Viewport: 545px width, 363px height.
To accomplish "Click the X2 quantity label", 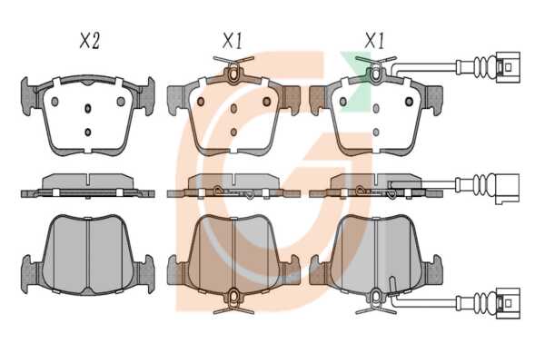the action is pos(90,41).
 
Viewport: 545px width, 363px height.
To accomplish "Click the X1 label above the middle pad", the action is pos(233,41).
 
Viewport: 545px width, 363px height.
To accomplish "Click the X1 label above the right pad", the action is pos(374,41).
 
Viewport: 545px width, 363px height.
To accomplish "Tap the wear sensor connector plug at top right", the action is pos(508,67).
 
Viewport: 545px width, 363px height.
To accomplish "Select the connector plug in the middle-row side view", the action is pos(508,189).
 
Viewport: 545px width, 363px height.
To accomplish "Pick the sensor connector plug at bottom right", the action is pos(508,303).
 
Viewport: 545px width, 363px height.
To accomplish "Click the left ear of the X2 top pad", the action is pos(28,96).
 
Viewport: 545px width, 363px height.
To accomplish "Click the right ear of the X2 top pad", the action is pos(147,96).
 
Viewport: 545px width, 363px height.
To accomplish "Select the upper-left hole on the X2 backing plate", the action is pos(54,102).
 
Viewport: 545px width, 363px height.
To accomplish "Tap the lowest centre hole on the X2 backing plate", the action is pos(88,132).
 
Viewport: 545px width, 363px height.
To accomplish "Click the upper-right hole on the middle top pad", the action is pos(266,102).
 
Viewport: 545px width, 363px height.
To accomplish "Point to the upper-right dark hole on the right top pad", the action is pos(409,102).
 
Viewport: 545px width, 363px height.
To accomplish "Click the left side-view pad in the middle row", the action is pos(87,186).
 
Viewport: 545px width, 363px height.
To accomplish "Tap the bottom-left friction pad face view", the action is pos(87,255).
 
